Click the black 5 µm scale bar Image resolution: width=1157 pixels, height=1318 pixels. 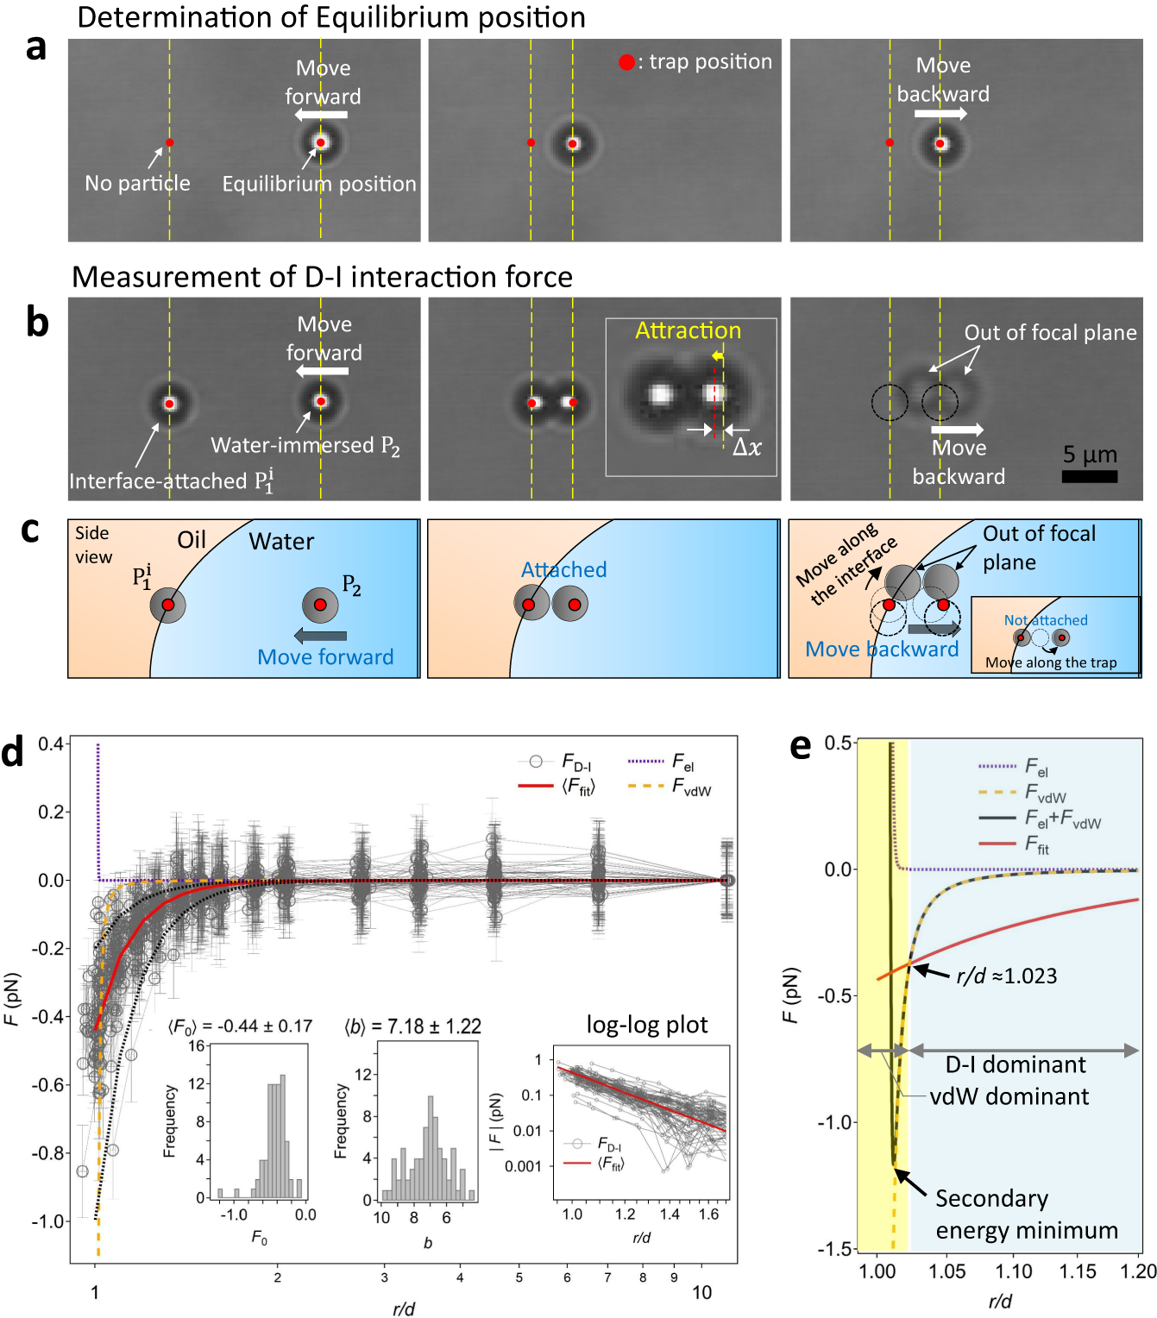(x=1089, y=476)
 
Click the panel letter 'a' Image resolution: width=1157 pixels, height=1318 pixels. (x=35, y=47)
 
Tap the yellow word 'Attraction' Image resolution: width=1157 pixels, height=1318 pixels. (x=688, y=331)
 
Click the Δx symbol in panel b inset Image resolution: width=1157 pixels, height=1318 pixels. (x=746, y=447)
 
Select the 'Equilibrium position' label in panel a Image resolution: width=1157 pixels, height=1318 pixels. (x=318, y=184)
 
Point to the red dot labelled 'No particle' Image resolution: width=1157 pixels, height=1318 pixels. (x=170, y=143)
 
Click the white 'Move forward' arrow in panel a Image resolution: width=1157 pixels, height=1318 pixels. (x=321, y=115)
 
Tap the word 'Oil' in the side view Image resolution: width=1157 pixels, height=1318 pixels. (x=192, y=540)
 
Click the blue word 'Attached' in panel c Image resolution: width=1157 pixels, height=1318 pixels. (x=563, y=570)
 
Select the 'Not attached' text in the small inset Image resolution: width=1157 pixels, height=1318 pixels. (x=1045, y=620)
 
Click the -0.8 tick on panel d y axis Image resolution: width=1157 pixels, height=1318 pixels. (x=50, y=1153)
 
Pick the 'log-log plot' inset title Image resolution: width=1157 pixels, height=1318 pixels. (x=646, y=1025)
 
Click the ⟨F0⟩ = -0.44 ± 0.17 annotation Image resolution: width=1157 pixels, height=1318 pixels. (x=240, y=1026)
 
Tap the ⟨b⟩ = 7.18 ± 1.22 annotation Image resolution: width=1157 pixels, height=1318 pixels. (x=412, y=1026)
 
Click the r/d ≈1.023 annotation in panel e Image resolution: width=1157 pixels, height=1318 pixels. (x=1006, y=976)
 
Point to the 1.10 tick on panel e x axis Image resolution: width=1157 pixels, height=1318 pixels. (x=1013, y=1271)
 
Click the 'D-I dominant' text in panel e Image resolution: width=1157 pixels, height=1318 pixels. (x=1016, y=1064)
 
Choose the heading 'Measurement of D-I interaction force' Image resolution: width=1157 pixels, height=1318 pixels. (x=322, y=277)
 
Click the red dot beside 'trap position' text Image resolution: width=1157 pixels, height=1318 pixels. (x=626, y=62)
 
